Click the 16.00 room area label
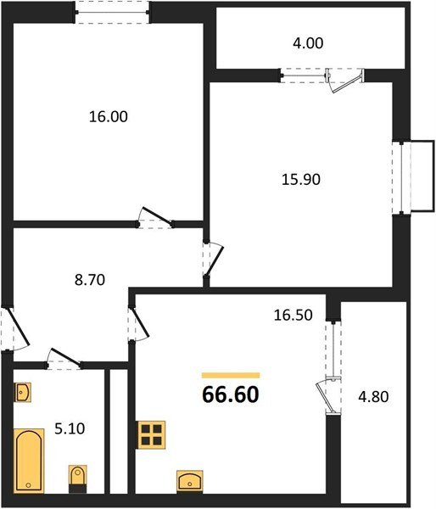tap(108, 117)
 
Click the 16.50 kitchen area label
tap(293, 315)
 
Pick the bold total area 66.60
tap(230, 394)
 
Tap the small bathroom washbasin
tap(23, 394)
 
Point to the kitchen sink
tap(190, 480)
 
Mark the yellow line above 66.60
tap(230, 374)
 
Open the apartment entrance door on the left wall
tap(12, 329)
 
